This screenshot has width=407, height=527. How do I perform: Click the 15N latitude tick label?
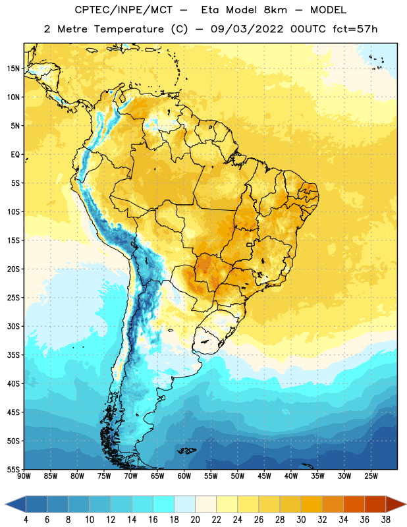[13, 69]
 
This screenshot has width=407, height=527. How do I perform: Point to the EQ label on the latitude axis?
[15, 155]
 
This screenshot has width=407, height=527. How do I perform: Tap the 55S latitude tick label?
[13, 469]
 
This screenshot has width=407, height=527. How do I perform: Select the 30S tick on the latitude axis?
[13, 326]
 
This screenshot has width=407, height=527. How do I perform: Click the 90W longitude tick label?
[24, 476]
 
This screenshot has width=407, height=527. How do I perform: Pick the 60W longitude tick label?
[184, 476]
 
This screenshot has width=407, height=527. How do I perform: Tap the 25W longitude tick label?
[371, 476]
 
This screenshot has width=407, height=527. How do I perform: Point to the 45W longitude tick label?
[264, 476]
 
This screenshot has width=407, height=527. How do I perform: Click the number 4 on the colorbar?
[26, 520]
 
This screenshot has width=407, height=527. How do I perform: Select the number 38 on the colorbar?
[386, 520]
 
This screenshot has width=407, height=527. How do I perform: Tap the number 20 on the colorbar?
[195, 520]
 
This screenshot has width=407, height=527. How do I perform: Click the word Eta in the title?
[210, 10]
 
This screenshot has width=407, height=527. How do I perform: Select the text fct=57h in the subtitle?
[355, 29]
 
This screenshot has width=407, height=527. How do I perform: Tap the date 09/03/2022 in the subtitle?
[247, 29]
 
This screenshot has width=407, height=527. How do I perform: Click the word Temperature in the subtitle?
[128, 30]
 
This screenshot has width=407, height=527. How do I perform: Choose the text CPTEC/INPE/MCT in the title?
[123, 11]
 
